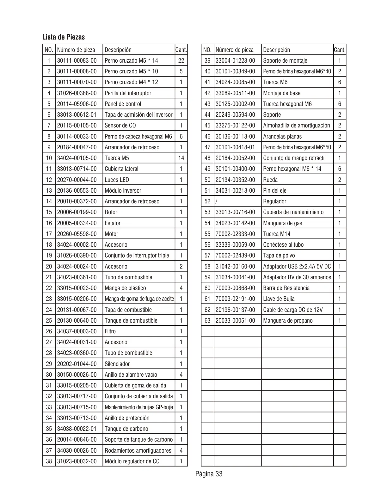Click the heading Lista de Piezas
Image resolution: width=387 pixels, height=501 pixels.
click(64, 37)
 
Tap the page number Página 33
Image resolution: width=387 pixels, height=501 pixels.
click(209, 474)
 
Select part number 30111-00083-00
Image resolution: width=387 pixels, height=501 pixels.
click(77, 61)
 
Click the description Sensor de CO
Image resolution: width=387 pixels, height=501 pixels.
click(120, 126)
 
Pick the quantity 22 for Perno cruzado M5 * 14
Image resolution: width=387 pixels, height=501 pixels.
click(181, 61)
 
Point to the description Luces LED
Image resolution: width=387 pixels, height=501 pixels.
click(117, 180)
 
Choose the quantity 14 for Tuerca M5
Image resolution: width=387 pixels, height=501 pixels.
click(181, 158)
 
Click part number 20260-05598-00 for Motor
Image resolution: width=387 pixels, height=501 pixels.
click(77, 234)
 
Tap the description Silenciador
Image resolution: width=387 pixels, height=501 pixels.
click(117, 364)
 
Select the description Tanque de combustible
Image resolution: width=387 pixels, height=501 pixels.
click(131, 321)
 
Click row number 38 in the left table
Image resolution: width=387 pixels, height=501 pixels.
click(49, 461)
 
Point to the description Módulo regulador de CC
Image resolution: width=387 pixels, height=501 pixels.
click(132, 461)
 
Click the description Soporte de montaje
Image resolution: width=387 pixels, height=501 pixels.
click(285, 61)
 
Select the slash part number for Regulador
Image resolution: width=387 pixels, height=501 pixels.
click(216, 201)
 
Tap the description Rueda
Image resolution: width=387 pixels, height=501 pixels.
click(270, 180)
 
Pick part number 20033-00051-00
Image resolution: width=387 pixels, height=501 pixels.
click(235, 321)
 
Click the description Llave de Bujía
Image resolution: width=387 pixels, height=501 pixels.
click(279, 299)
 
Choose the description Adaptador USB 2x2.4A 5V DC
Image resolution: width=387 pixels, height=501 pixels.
click(297, 267)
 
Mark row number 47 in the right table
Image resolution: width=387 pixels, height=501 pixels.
click(207, 147)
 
